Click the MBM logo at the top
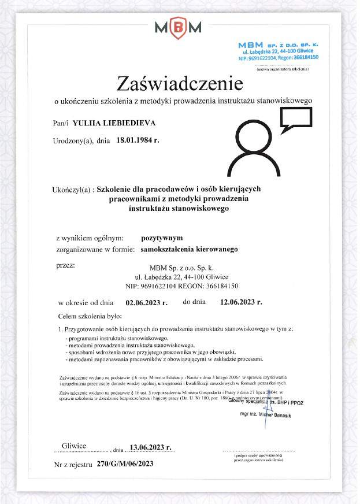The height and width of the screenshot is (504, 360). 178,27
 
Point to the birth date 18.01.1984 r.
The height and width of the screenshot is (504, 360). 138,139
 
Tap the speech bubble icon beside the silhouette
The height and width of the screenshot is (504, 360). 295,119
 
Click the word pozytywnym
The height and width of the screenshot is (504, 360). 162,238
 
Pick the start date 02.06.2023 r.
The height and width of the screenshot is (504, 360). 146,302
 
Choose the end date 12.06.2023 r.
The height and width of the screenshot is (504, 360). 241,302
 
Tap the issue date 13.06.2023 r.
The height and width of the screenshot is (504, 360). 151,447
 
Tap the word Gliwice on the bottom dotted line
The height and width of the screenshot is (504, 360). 74,446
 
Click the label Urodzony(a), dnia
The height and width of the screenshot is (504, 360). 81,140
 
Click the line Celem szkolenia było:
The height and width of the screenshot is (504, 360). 90,317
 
